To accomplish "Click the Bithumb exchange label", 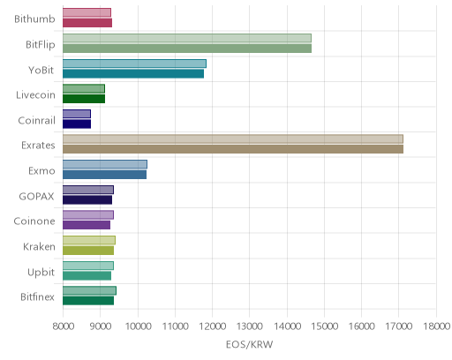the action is tap(34, 19).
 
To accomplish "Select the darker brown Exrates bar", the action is tap(233, 149).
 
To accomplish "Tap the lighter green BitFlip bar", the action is tap(187, 38).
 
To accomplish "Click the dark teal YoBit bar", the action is tap(133, 74).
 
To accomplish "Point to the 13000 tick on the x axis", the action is tap(250, 326).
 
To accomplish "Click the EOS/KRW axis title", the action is tap(250, 344).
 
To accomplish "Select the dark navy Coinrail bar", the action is tap(77, 124).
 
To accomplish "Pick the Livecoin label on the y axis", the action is tap(35, 95).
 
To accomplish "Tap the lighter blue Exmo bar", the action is tap(105, 164).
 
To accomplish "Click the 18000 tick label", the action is tap(436, 326).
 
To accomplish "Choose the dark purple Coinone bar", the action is tap(87, 225).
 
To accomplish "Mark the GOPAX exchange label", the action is tap(37, 197).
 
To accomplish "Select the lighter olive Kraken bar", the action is tap(89, 240).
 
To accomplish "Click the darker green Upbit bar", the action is tap(87, 276).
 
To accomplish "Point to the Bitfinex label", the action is tap(37, 297).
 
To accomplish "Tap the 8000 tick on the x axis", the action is tap(64, 326).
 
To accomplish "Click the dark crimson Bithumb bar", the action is tap(87, 23).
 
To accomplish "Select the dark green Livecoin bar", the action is tap(84, 99).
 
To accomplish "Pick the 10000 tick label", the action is tap(138, 326).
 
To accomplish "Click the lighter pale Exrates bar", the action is tap(233, 139).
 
